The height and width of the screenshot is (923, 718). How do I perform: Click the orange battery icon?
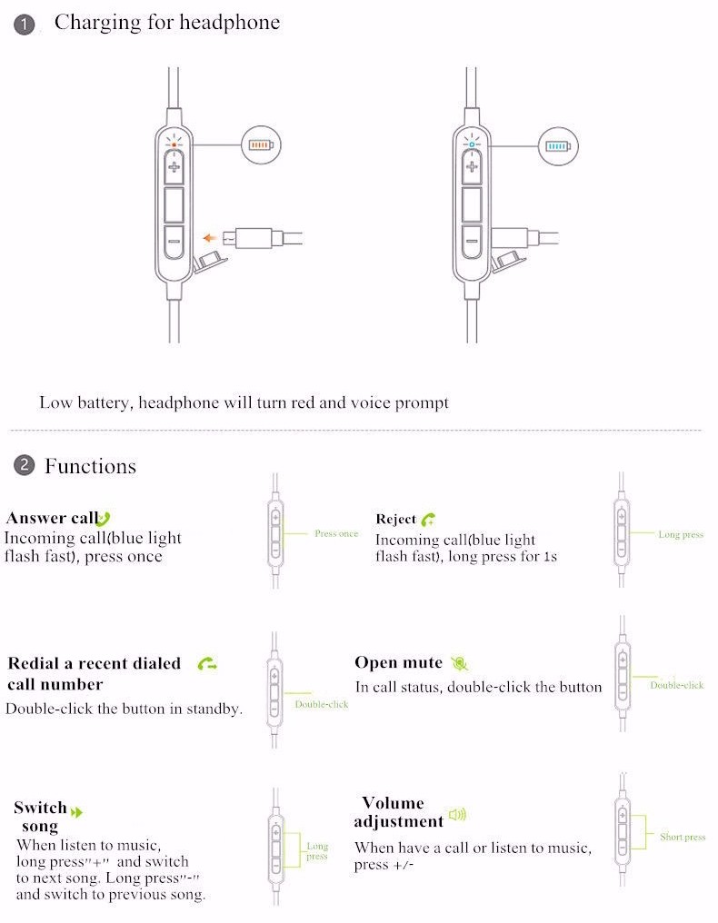(261, 144)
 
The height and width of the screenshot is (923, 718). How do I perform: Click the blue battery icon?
(558, 144)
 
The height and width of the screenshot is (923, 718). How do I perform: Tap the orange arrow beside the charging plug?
(211, 238)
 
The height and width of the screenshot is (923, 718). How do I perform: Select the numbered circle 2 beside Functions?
(24, 466)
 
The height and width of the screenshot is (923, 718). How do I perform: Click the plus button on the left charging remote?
(175, 166)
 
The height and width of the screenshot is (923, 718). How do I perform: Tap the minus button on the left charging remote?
(175, 242)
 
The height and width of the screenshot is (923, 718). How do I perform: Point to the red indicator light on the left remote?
(175, 144)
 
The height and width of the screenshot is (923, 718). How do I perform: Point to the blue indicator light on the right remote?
(471, 144)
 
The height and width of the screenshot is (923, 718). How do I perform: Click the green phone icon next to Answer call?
(104, 519)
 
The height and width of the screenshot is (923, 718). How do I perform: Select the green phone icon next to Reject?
(428, 520)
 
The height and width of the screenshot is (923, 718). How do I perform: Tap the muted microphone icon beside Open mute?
(460, 663)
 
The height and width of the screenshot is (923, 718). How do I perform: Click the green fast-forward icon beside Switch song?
(77, 811)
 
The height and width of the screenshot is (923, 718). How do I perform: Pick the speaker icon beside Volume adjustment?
(457, 815)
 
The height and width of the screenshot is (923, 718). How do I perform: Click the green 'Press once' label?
(336, 534)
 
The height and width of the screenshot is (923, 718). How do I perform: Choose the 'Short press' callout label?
(683, 837)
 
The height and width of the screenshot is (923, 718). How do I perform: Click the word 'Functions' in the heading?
(90, 467)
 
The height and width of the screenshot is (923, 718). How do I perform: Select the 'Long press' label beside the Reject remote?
(681, 535)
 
